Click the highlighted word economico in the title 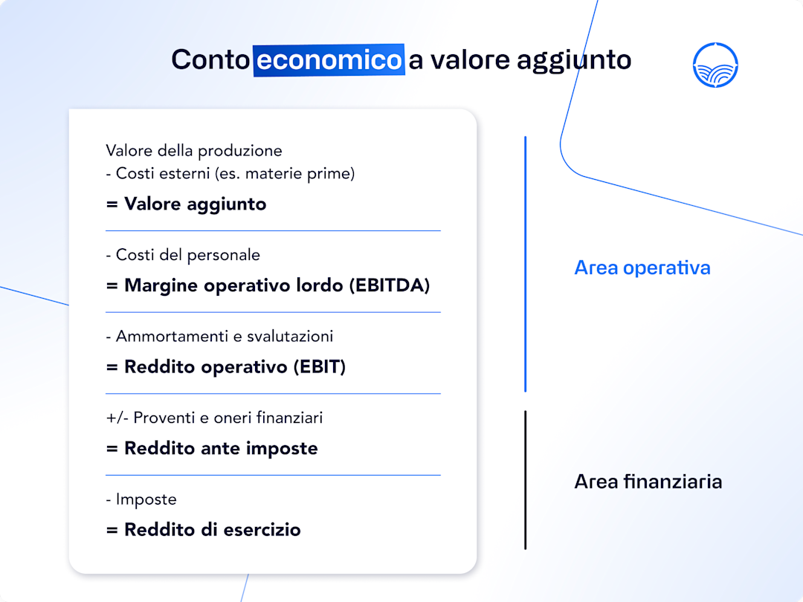click(329, 59)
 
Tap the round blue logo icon click(715, 65)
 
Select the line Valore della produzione click(194, 151)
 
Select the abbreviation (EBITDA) click(389, 285)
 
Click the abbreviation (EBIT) click(319, 366)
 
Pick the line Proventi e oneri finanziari click(214, 418)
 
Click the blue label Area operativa click(642, 268)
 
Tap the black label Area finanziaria click(648, 482)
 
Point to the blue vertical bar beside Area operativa click(525, 264)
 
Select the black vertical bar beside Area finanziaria click(525, 480)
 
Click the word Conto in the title click(210, 59)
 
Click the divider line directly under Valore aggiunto click(273, 230)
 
